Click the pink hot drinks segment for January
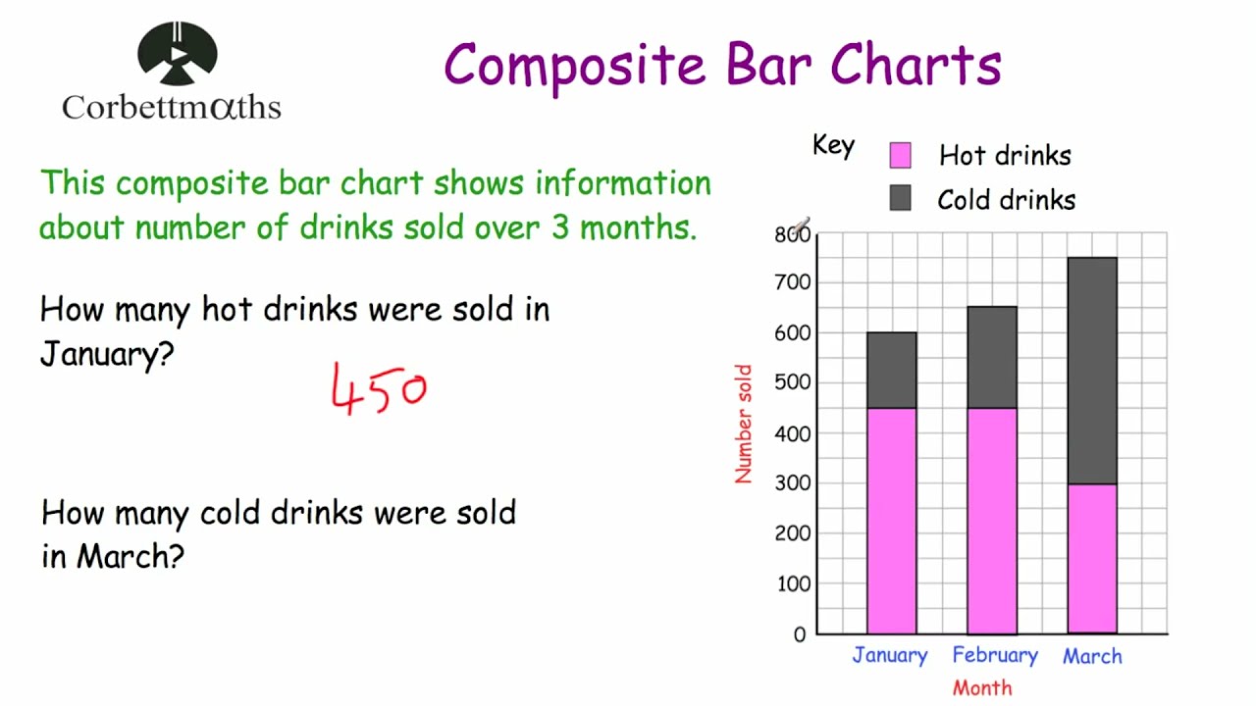coord(891,521)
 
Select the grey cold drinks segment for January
coord(891,370)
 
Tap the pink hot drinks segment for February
coord(991,521)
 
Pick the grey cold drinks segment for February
coord(991,357)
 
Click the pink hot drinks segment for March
coord(1091,559)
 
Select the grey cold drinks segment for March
coord(1091,371)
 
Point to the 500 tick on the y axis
coord(792,382)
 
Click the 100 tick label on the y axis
coord(792,583)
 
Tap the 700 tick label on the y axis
coord(792,282)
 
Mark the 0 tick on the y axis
coord(799,634)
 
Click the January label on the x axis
coord(889,655)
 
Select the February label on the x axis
coord(994,655)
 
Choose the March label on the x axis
coord(1092,656)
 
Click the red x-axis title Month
coord(981,687)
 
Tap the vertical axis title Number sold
coord(743,424)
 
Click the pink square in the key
coord(900,155)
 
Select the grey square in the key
coord(900,199)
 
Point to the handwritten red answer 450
coord(379,389)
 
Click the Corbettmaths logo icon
coord(178,53)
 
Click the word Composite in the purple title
coord(574,66)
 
